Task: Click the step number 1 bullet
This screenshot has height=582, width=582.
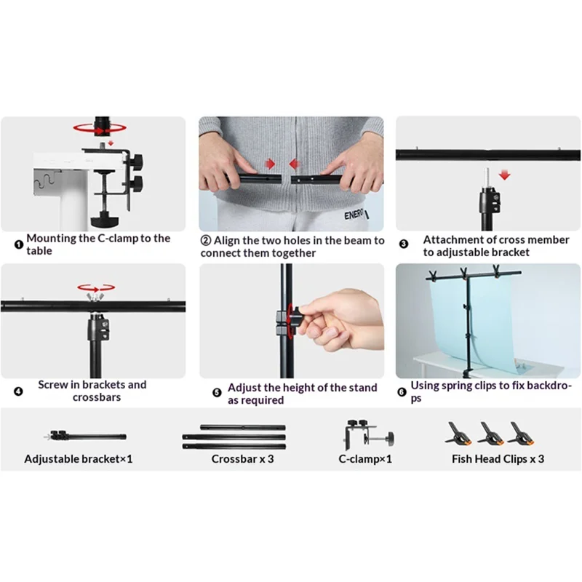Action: [19, 244]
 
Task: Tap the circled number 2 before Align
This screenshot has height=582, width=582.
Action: [206, 241]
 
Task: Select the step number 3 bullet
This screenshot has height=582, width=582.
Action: [404, 244]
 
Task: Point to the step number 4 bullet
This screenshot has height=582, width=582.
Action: [18, 391]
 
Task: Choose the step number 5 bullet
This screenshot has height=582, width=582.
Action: [217, 392]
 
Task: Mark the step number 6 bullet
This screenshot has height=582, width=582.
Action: [402, 392]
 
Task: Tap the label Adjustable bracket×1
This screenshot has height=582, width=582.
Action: [79, 459]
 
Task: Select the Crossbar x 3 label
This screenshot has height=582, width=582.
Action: [243, 459]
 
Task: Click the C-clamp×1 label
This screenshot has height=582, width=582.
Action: [365, 459]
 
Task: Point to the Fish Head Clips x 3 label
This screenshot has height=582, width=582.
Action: [498, 459]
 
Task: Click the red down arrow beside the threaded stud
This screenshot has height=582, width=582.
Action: [504, 175]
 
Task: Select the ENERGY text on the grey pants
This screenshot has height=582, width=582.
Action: [354, 215]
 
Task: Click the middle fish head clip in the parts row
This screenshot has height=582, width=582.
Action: [490, 433]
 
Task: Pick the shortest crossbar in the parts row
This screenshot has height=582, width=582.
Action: [243, 427]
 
